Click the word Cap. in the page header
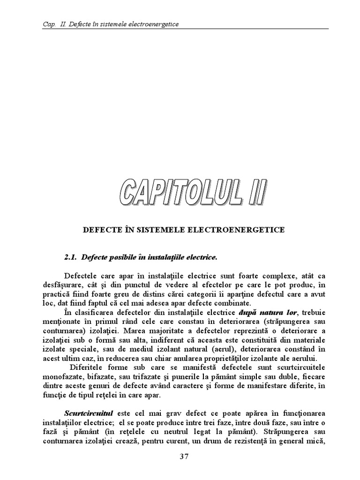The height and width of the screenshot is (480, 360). (x=43, y=24)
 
